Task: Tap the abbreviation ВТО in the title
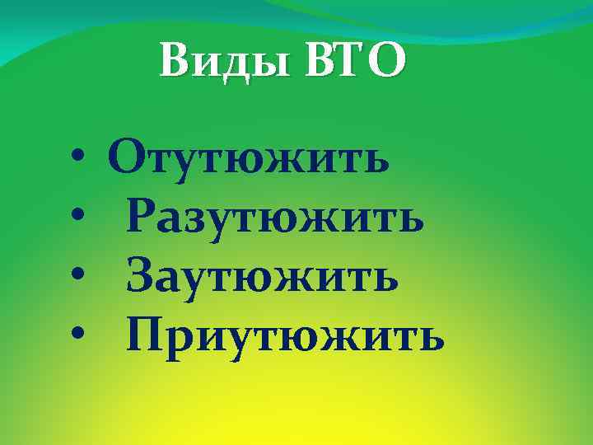tap(356, 62)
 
